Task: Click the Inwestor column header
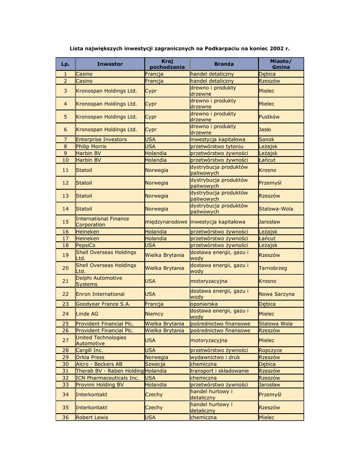[110, 64]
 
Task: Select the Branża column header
[224, 64]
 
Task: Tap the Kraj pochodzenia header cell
[167, 64]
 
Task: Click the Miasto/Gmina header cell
[281, 64]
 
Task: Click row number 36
[65, 417]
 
